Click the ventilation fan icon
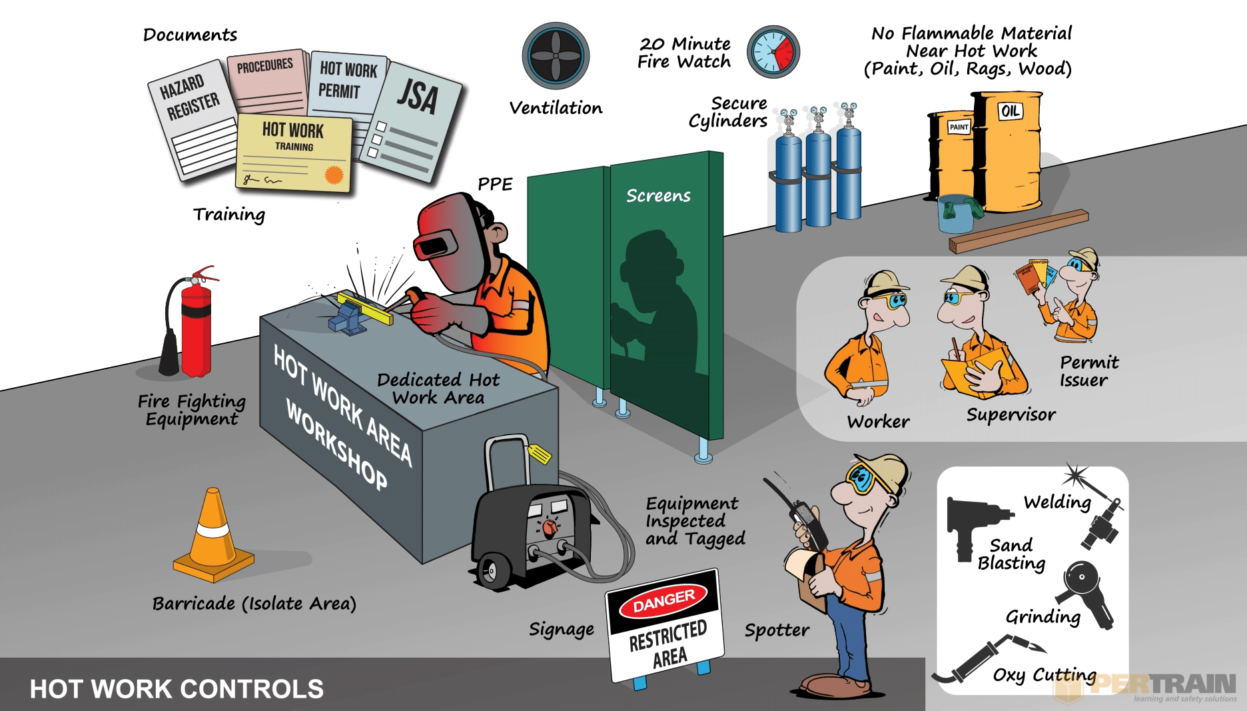coord(556,56)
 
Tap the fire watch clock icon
coord(773,52)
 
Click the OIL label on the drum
coord(1010,111)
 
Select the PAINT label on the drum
coord(959,127)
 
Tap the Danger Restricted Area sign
coord(665,623)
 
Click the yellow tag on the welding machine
coord(539,454)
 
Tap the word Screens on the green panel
coord(658,195)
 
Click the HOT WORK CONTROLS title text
coord(177,689)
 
